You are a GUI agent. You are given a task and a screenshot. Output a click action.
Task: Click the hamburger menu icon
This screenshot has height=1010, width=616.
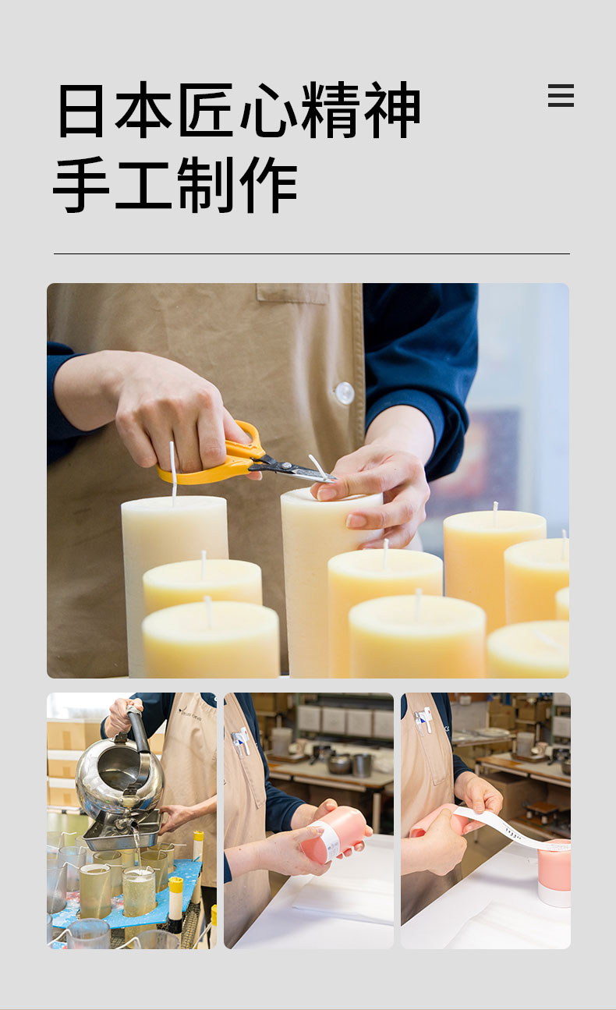point(561,95)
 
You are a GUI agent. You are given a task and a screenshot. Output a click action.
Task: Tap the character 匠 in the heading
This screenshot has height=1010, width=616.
point(207,109)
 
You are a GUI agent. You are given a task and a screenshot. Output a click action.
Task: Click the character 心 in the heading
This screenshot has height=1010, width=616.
point(269,109)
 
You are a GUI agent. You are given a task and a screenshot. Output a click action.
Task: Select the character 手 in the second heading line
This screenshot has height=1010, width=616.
point(81,185)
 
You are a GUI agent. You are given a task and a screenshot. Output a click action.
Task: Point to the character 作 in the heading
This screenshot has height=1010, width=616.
point(269,185)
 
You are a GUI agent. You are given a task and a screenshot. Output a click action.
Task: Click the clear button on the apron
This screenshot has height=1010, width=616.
point(345,393)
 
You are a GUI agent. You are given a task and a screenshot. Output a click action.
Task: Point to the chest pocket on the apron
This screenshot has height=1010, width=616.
point(292,293)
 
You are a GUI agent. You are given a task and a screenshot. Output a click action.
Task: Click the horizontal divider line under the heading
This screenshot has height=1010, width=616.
point(312,253)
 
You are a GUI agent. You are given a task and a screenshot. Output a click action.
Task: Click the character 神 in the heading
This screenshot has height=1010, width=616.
point(392,109)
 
